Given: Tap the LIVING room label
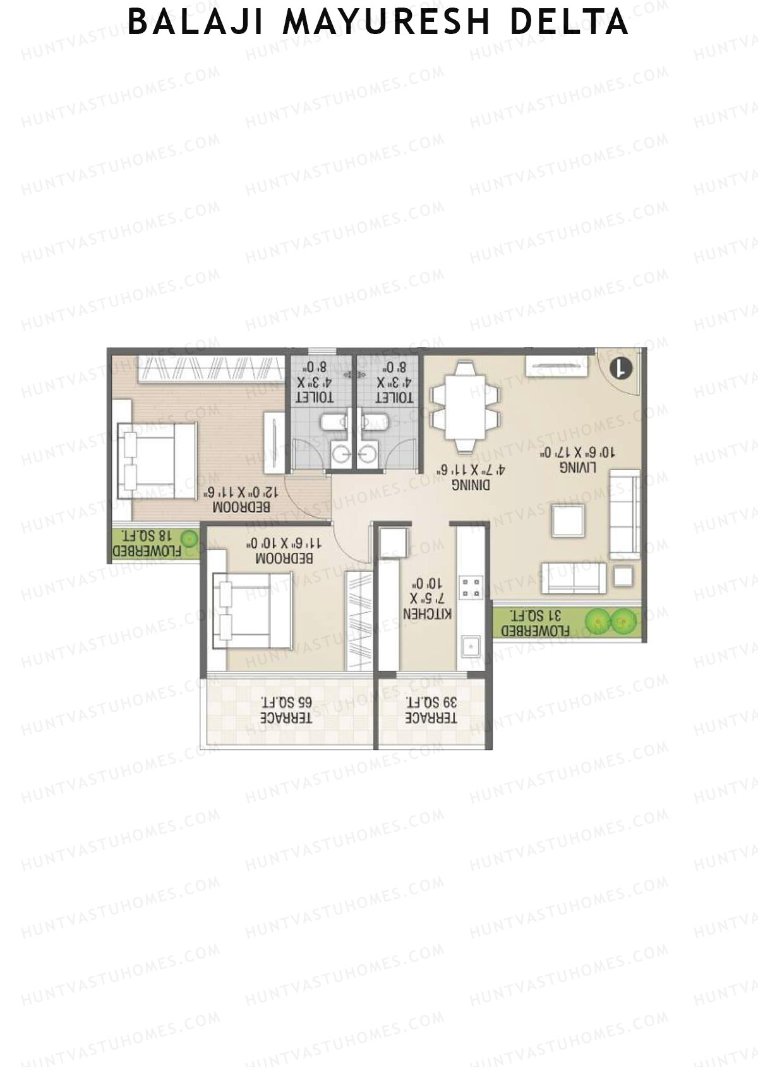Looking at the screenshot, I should pos(577,467).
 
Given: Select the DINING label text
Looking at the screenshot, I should pos(471,485).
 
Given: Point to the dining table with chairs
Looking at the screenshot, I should pos(465,407).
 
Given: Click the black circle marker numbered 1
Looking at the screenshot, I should pos(622,368).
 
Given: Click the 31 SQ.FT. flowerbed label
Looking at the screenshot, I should pos(535,623).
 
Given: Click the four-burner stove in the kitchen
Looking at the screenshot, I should pos(471,587).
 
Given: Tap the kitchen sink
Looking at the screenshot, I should pos(471,646).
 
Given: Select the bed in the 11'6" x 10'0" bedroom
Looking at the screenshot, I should pos(251,610).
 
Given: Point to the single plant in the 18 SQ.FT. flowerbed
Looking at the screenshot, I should pos(189,539).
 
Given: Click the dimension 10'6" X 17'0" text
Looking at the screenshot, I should pos(577,452).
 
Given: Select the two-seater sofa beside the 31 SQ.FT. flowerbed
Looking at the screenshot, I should pos(574,578).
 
